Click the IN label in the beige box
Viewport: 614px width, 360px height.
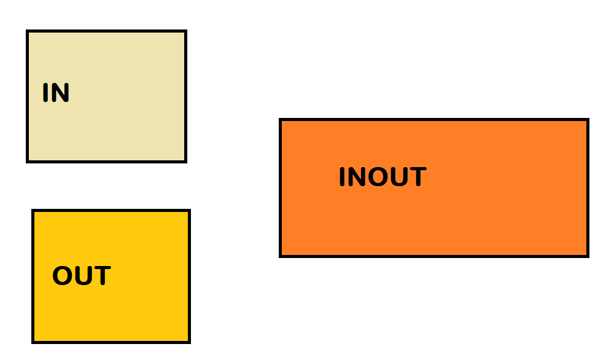[56, 93]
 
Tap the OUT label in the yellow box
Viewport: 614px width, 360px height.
[81, 276]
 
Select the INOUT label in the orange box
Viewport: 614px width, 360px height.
[382, 178]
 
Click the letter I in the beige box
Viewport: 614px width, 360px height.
[45, 93]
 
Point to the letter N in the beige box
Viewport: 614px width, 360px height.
[60, 93]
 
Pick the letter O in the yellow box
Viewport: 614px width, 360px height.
[62, 276]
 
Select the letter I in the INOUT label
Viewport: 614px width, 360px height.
[342, 178]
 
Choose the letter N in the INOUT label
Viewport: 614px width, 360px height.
[356, 178]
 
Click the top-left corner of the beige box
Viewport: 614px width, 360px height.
[28, 31]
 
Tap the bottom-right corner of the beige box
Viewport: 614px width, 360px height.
[185, 162]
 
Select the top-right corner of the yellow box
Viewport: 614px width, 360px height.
[189, 211]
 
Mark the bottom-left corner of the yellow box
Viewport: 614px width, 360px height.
[33, 342]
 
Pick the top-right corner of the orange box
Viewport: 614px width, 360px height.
[588, 120]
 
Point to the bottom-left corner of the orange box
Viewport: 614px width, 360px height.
[281, 256]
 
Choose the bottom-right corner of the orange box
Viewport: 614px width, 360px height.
[588, 256]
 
